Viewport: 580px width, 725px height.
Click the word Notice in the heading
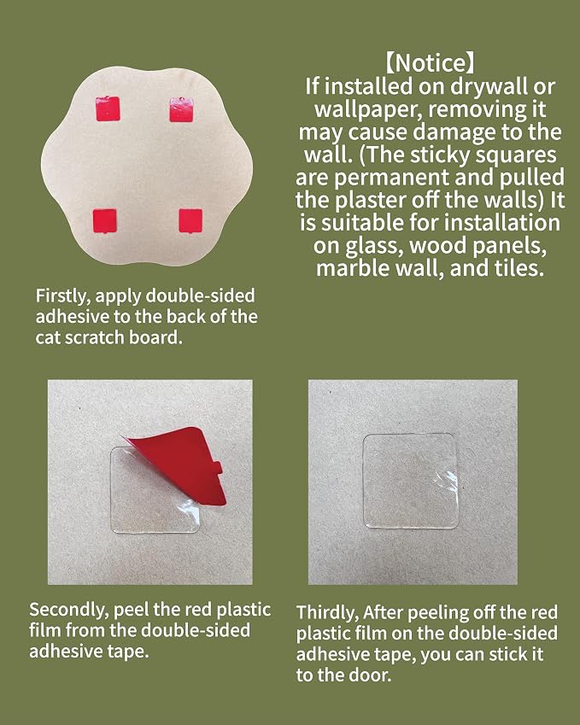[431, 63]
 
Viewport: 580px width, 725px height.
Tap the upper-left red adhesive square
[108, 108]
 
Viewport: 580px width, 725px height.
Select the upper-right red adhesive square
[181, 109]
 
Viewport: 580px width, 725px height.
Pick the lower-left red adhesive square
[104, 221]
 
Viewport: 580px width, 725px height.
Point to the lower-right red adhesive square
[190, 220]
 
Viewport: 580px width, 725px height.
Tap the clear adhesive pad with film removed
[411, 481]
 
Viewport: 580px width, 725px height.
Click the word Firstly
[63, 296]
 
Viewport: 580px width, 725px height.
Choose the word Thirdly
[327, 613]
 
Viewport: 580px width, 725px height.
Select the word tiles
[520, 268]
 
